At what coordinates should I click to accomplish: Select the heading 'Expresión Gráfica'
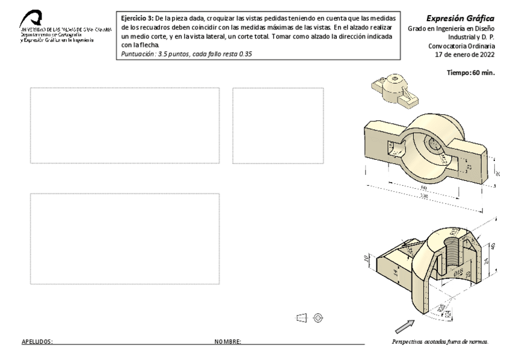(x=460, y=19)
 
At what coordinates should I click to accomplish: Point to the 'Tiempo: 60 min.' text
(x=470, y=73)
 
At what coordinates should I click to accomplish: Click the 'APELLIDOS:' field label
(x=37, y=342)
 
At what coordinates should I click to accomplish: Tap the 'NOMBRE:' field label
(x=228, y=342)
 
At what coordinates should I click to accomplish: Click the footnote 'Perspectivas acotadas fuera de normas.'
(x=440, y=342)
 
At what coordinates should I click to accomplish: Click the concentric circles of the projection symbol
(x=319, y=317)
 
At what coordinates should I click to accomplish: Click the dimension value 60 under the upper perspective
(x=423, y=188)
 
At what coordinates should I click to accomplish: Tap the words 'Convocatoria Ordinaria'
(x=461, y=46)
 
